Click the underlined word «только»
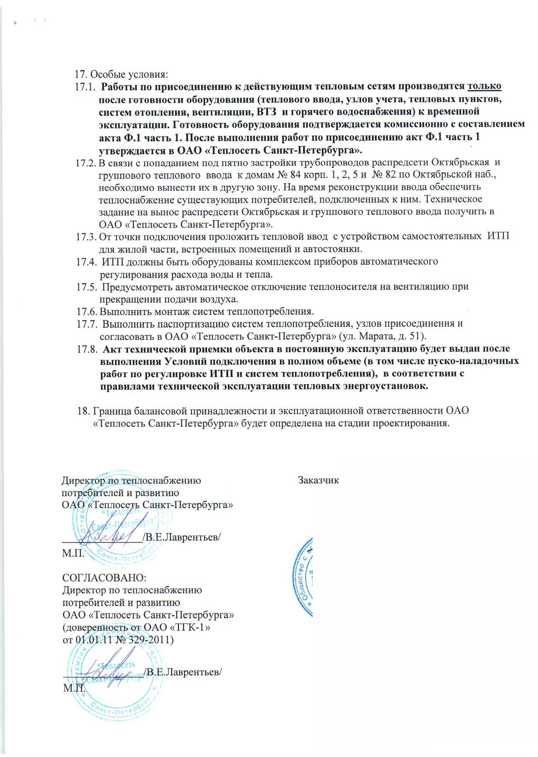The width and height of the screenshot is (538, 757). click(485, 86)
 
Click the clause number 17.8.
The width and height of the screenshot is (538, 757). click(86, 349)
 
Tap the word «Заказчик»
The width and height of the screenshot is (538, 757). click(318, 481)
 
